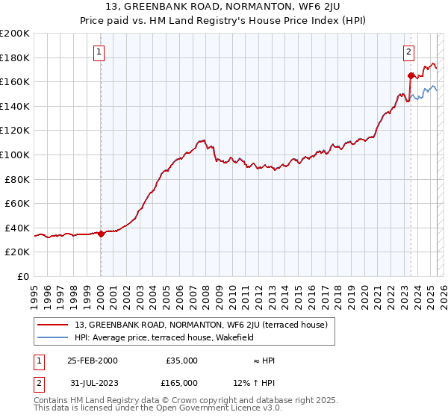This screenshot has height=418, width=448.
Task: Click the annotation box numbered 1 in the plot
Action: pos(100,52)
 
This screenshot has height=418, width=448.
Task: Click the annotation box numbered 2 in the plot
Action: pos(409,52)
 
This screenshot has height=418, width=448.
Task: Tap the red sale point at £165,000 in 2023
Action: pos(411,75)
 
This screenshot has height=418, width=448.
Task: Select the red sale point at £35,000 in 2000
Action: pos(101,234)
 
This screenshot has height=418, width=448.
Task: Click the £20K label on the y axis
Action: pos(17,252)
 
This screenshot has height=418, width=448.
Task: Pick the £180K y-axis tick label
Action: pos(15,57)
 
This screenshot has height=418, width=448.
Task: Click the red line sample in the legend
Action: pos(54,325)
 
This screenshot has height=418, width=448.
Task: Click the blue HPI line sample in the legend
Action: pos(54,337)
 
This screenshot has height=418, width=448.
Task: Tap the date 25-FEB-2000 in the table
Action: pos(92,361)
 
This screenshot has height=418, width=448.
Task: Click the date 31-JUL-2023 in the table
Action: pos(92,382)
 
